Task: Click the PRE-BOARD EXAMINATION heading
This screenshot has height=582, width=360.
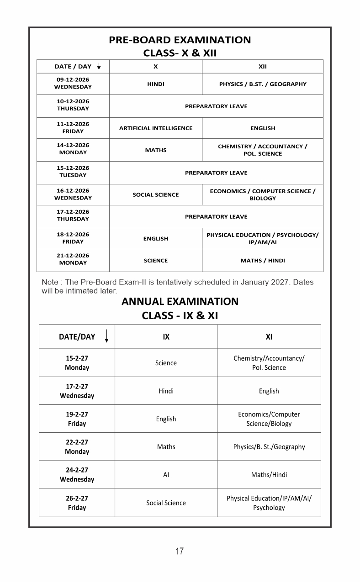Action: point(180,40)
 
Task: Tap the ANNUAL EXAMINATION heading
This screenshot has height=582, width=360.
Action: point(180,302)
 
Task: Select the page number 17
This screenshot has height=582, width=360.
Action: point(180,551)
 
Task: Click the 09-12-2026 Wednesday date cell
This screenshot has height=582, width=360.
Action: point(73,83)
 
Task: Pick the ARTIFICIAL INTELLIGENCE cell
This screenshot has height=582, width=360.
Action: point(156,128)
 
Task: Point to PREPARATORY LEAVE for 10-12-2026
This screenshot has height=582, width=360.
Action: point(216,106)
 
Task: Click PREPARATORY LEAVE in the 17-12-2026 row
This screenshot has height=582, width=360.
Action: point(216,217)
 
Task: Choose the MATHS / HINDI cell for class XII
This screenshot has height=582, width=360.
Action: point(262,261)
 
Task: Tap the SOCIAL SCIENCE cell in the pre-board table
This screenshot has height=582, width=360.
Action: point(156,195)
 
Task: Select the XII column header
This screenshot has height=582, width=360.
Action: point(262,67)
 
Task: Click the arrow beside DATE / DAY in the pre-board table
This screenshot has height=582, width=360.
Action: point(99,67)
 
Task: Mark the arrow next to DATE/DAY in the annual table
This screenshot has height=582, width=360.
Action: point(106,336)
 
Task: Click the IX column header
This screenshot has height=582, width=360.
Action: point(166,337)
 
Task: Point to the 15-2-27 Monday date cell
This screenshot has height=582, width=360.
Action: point(77,363)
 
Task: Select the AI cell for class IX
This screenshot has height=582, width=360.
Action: point(166,475)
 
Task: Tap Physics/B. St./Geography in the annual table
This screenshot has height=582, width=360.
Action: point(269,447)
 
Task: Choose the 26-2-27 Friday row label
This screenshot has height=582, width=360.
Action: point(77,503)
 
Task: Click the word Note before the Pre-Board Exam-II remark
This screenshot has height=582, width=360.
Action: point(50,282)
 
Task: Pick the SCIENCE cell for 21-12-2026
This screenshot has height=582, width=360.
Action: point(156,261)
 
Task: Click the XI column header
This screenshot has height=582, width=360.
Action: point(269,337)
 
